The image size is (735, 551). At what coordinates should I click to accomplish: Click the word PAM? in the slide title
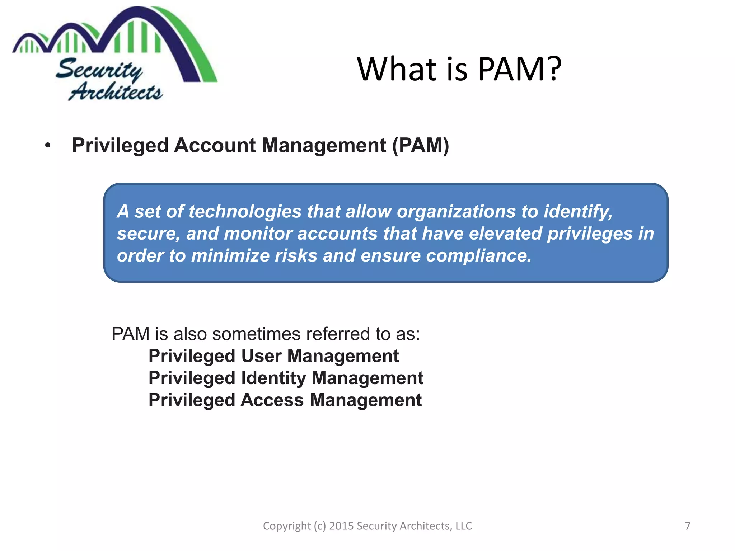point(519,69)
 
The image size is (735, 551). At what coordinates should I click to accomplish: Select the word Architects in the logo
point(116,91)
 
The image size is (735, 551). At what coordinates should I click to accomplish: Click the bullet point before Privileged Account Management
point(48,146)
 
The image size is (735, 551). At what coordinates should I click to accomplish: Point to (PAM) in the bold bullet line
point(420,145)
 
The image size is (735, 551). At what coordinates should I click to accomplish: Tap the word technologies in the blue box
point(245,211)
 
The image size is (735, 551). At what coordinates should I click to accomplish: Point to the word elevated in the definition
point(505,234)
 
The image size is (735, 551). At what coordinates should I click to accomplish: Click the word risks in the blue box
point(296,256)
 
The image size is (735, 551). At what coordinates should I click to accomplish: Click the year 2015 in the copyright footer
point(341,526)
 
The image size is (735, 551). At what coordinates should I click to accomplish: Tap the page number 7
point(687,526)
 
